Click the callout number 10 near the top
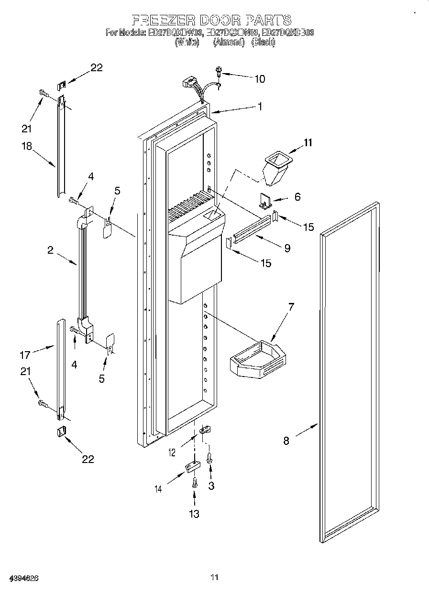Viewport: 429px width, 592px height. [259, 79]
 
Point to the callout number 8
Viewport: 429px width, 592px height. [286, 441]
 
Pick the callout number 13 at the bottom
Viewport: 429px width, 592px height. [194, 514]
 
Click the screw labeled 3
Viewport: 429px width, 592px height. [209, 459]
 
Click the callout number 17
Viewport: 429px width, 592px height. [25, 355]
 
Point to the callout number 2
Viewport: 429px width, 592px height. [51, 250]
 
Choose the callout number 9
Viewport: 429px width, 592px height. [287, 248]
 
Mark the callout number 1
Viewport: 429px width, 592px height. [260, 107]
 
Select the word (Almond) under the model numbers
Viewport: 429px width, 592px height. [228, 42]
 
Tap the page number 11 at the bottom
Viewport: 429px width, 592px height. [214, 578]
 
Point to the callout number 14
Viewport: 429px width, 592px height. [158, 488]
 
